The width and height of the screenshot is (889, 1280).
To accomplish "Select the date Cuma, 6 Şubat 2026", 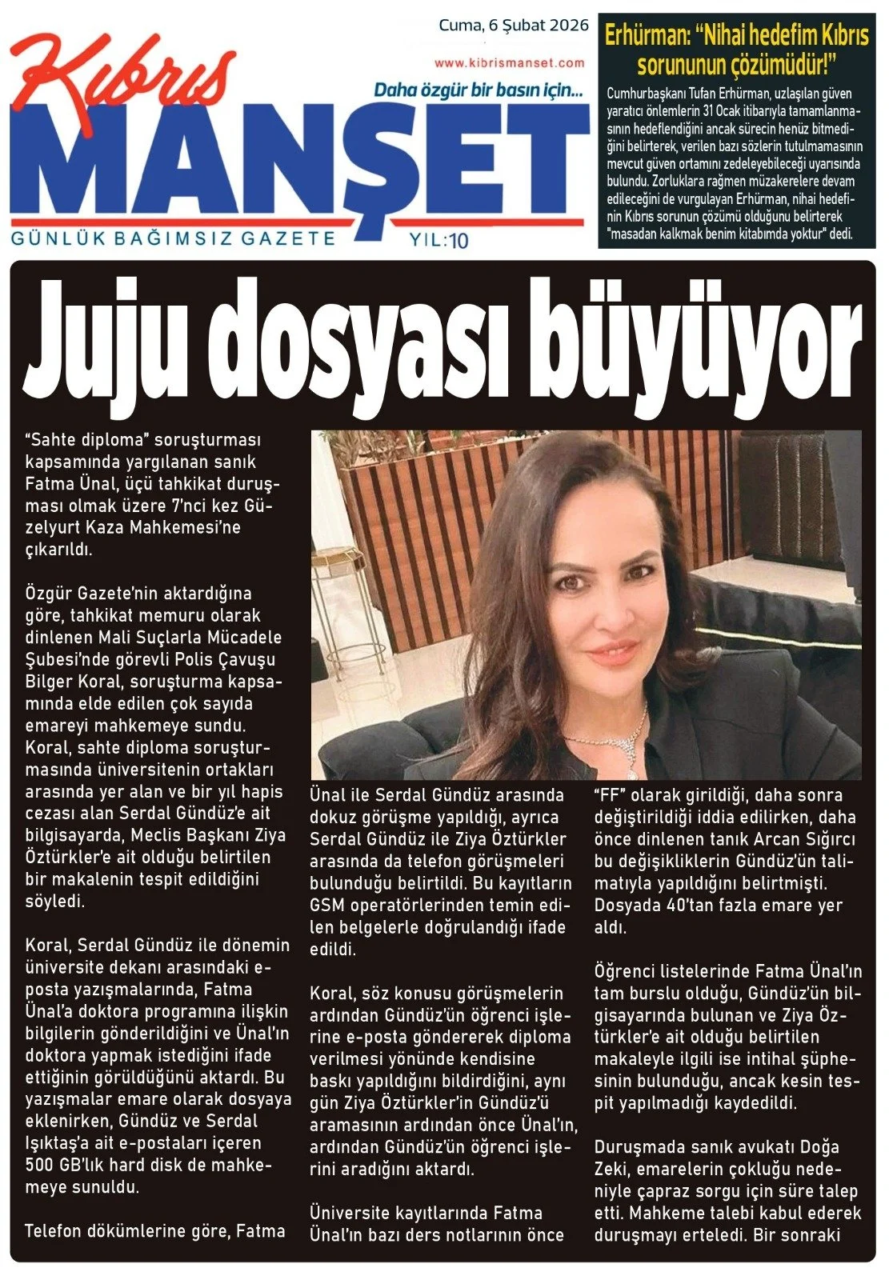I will tap(513, 25).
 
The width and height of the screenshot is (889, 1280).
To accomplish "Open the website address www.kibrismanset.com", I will tap(510, 62).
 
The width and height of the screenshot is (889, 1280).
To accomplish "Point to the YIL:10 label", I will tap(438, 239).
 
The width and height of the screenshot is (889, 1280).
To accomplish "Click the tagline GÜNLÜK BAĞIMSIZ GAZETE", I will tap(173, 238).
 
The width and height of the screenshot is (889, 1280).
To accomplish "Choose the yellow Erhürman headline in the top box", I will tap(736, 49).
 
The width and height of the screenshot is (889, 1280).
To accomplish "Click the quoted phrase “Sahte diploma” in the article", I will tap(87, 440).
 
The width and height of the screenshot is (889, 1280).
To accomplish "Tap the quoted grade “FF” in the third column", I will tap(609, 795).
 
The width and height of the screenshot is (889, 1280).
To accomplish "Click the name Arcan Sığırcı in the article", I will tap(809, 839).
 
